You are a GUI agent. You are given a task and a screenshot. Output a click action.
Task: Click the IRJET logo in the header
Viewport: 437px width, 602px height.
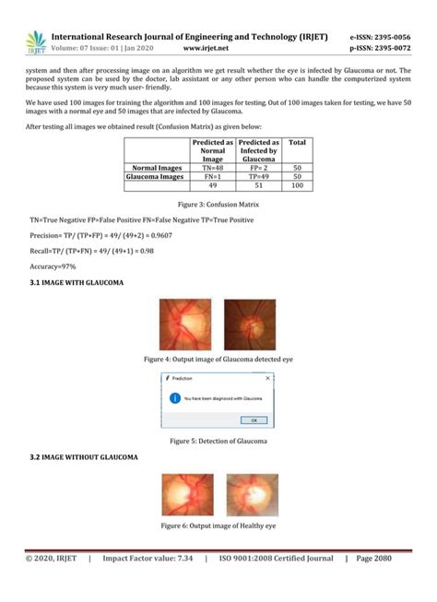point(35,41)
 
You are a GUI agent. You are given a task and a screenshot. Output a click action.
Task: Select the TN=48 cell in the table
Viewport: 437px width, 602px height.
point(213,169)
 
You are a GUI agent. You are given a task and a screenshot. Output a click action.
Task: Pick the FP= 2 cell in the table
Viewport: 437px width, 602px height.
point(258,169)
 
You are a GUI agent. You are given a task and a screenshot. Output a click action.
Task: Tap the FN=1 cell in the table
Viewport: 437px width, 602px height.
point(213,177)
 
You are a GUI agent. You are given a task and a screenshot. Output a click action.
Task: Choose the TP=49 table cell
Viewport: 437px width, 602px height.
point(258,177)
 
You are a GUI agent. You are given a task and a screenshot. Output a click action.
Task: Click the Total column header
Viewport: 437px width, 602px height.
point(297,143)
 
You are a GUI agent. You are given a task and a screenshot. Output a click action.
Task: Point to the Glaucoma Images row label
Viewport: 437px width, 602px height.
point(157,177)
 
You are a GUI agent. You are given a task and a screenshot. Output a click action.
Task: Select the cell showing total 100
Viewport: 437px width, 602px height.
point(297,185)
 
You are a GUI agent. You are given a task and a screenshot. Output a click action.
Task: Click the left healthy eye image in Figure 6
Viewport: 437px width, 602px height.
point(188,494)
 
